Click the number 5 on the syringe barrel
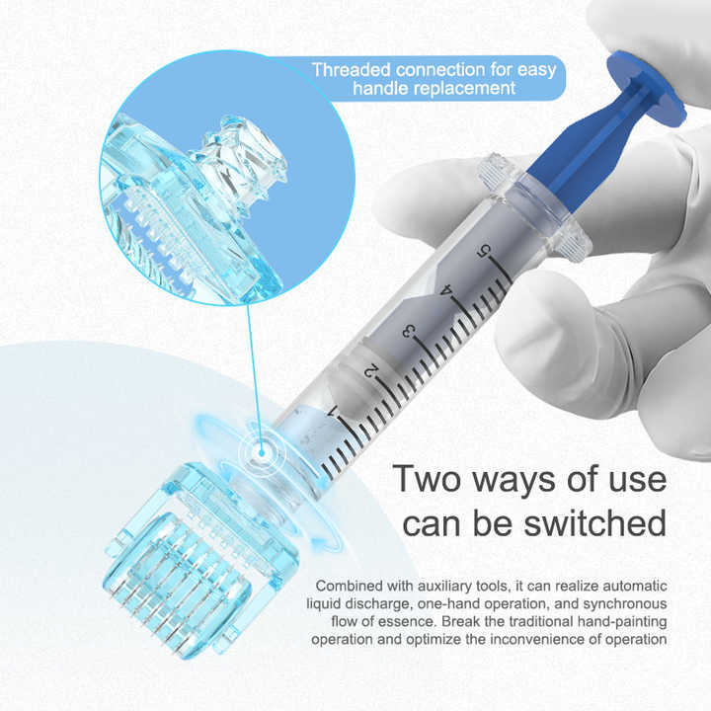pyautogui.click(x=482, y=251)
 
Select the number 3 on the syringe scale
pyautogui.click(x=408, y=331)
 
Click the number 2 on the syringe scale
pyautogui.click(x=370, y=370)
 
